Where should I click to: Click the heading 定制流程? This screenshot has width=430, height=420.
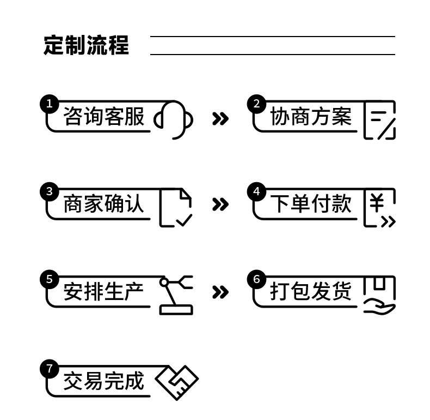pyautogui.click(x=86, y=45)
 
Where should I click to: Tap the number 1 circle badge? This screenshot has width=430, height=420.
pyautogui.click(x=50, y=104)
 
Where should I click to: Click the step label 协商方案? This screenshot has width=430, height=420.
pyautogui.click(x=311, y=116)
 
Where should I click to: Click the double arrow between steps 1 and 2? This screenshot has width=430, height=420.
pyautogui.click(x=220, y=119)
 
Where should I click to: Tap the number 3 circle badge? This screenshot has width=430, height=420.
pyautogui.click(x=50, y=191)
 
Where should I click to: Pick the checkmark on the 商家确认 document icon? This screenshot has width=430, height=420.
pyautogui.click(x=184, y=220)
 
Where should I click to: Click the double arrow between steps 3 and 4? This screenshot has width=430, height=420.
pyautogui.click(x=220, y=204)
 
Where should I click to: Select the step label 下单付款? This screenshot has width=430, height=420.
pyautogui.click(x=311, y=203)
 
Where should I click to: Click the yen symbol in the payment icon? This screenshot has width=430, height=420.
pyautogui.click(x=377, y=202)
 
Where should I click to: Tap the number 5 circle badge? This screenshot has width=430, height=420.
pyautogui.click(x=50, y=279)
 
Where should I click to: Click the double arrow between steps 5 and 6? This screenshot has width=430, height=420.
pyautogui.click(x=220, y=292)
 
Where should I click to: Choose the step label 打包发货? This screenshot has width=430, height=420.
pyautogui.click(x=311, y=291)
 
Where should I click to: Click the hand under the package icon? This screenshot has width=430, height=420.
pyautogui.click(x=380, y=308)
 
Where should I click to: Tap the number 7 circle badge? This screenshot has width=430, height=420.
pyautogui.click(x=50, y=368)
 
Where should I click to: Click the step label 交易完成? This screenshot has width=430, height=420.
pyautogui.click(x=103, y=381)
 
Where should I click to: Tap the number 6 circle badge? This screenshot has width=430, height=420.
pyautogui.click(x=257, y=279)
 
